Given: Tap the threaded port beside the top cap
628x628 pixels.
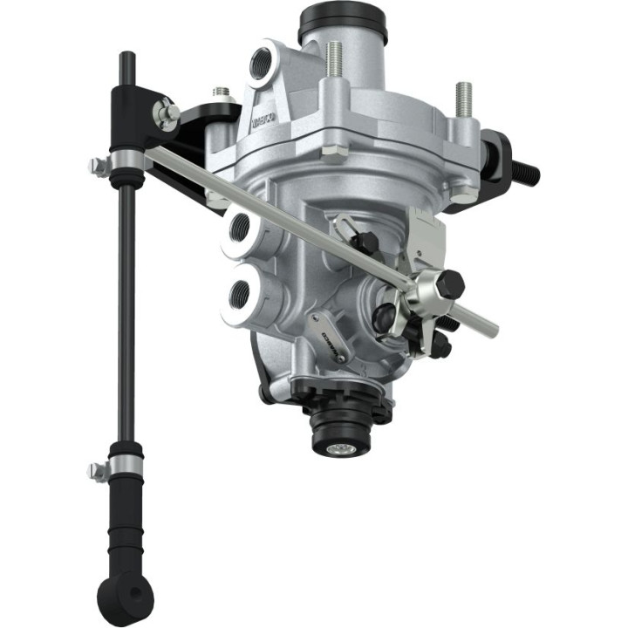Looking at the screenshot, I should pos(263,63).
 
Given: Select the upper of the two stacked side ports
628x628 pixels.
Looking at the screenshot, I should pos(241,229).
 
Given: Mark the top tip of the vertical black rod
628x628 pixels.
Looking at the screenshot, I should pos(126,58).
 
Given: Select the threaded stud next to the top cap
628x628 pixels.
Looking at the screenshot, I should pos(333,61).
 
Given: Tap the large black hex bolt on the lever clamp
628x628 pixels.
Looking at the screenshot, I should pos(450,284).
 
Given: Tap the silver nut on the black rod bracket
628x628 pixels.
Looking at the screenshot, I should pos(164,111).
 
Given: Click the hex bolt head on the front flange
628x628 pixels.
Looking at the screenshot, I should pos(331,154).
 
